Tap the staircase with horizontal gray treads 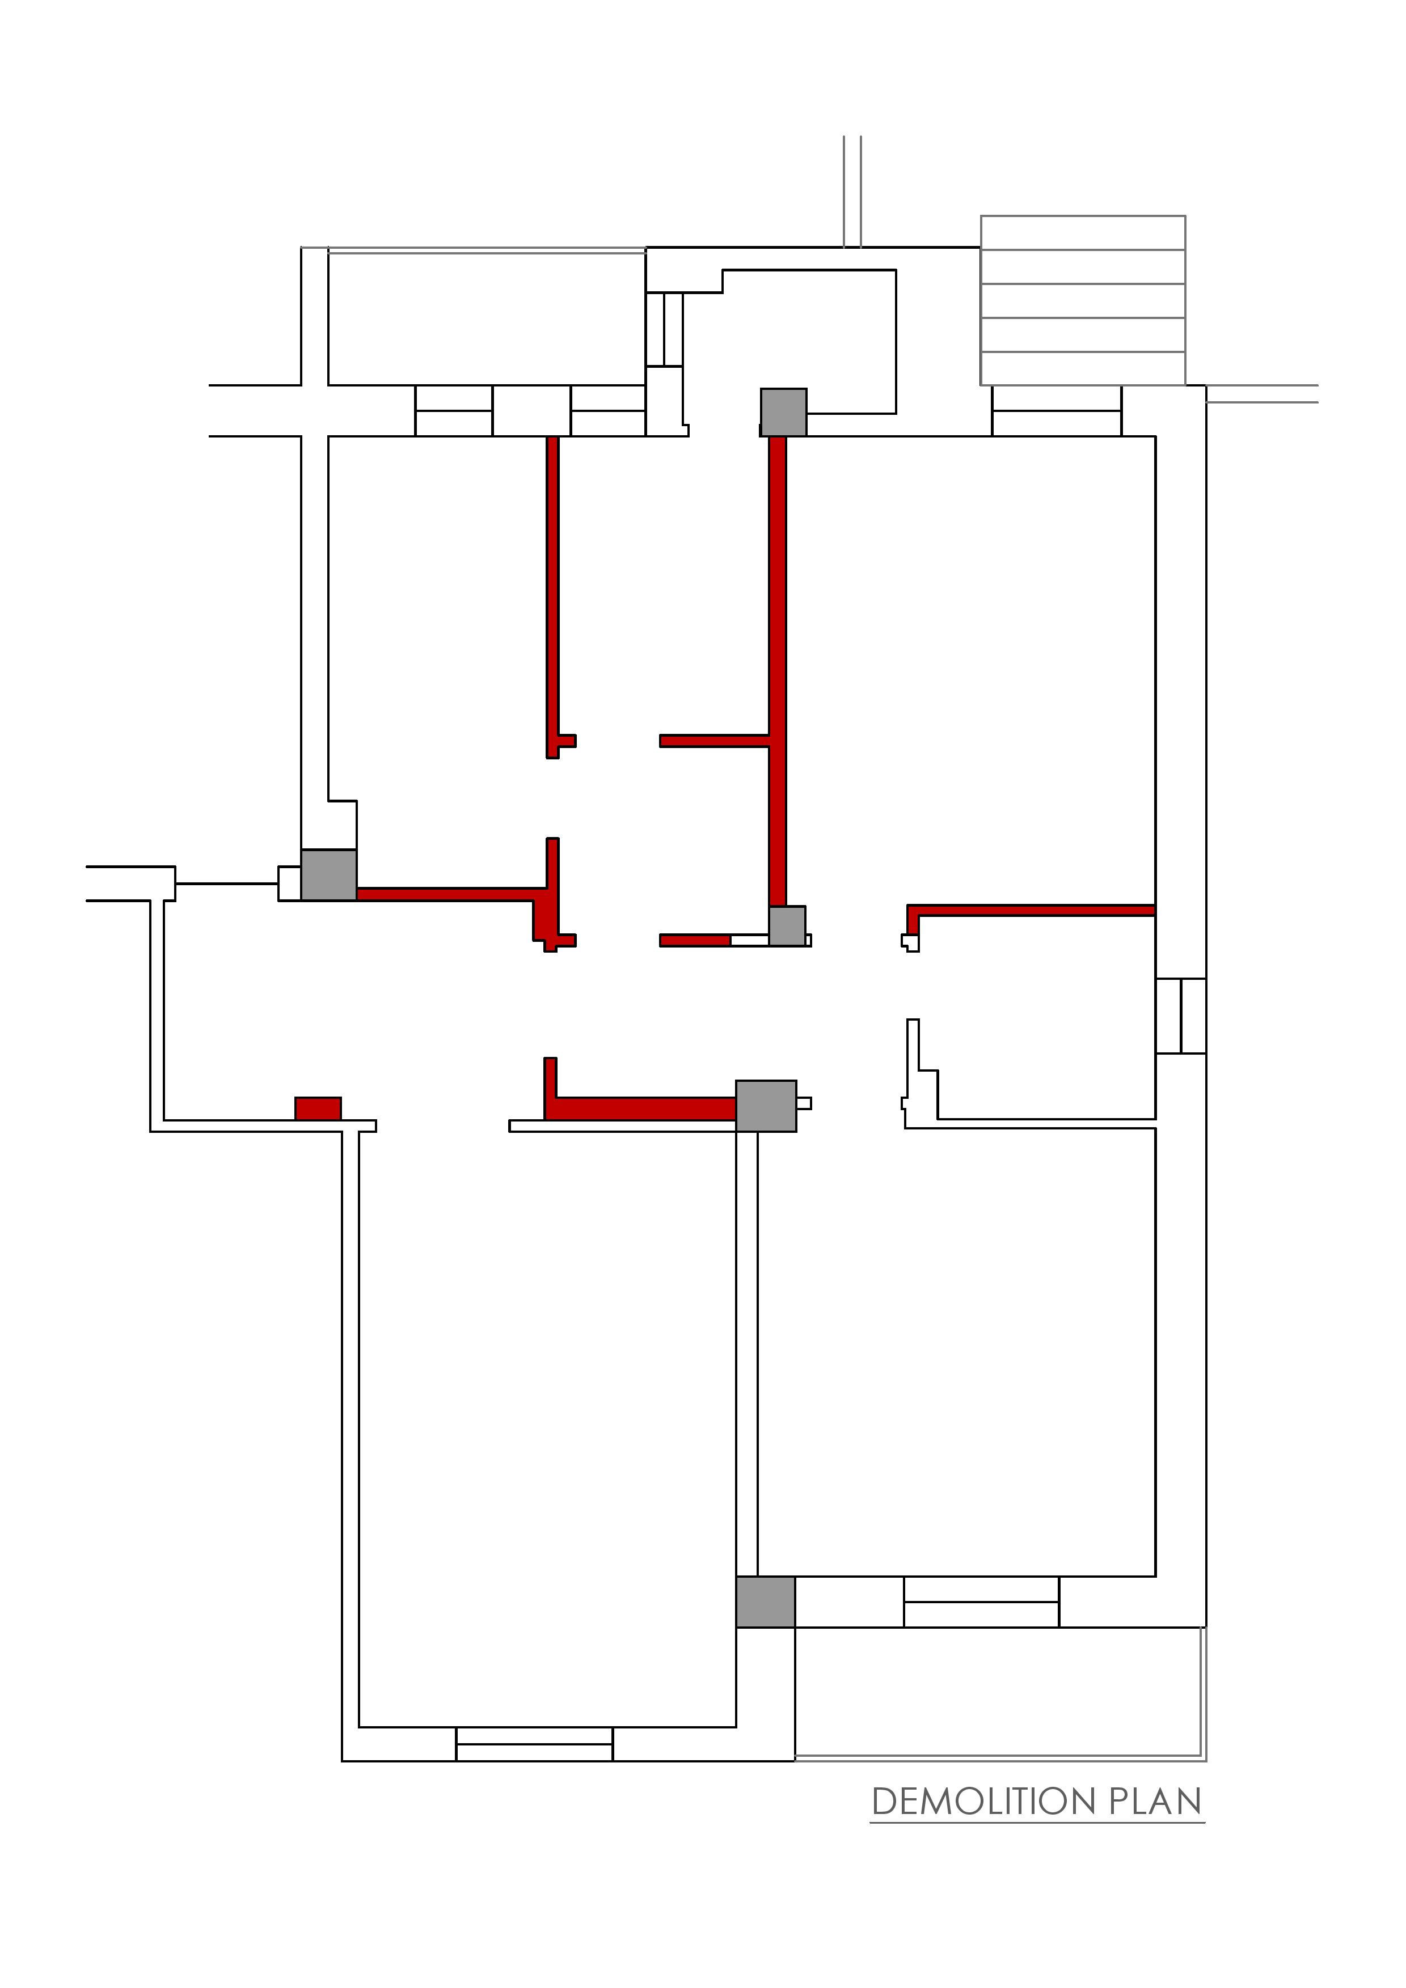coord(1083,300)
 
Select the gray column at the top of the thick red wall coord(784,412)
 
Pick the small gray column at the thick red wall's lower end coord(787,925)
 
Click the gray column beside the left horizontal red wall coord(329,876)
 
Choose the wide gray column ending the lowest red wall coord(766,1106)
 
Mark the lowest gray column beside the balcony coord(766,1602)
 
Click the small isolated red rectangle coord(318,1108)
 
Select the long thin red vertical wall coord(552,597)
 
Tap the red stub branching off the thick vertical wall coord(715,740)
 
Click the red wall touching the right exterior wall coord(1031,910)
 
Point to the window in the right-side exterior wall coord(1181,1016)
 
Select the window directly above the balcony coord(982,1602)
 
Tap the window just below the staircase coord(1057,411)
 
